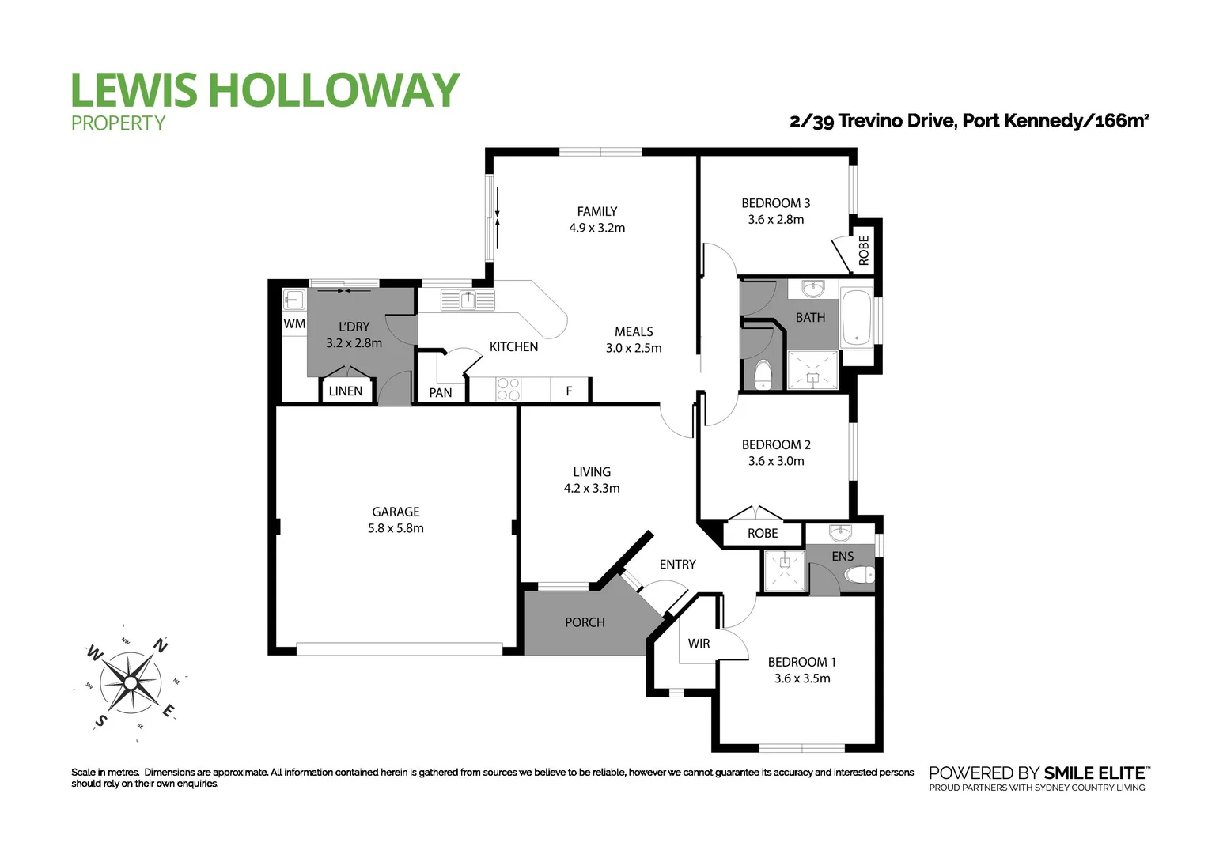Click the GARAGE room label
[x=396, y=512]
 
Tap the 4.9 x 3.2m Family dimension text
[x=596, y=228]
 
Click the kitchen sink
[x=468, y=300]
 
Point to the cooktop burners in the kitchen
[x=508, y=389]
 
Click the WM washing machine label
[x=294, y=323]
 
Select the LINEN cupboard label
[x=346, y=391]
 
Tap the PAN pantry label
[x=441, y=392]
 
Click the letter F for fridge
[x=569, y=391]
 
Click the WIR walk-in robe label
[x=699, y=643]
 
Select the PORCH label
[x=585, y=622]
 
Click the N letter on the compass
[x=161, y=645]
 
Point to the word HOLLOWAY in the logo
[x=333, y=89]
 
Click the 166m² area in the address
[x=1121, y=121]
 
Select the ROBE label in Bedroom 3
[x=864, y=250]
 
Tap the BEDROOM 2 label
[x=776, y=444]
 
